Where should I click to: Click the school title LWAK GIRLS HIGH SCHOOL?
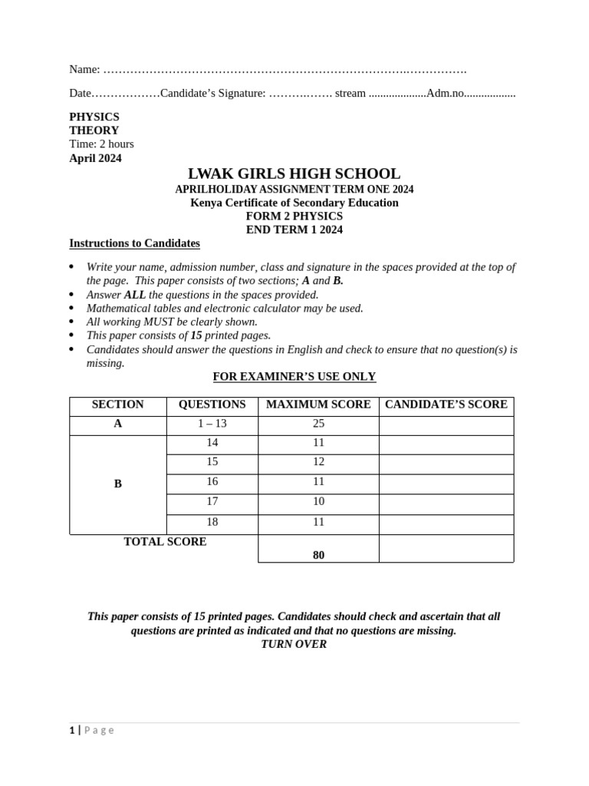point(294,174)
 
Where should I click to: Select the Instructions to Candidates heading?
point(134,243)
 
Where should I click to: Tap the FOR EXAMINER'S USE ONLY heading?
point(294,377)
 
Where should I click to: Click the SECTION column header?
point(117,405)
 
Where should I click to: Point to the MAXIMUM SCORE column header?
point(318,405)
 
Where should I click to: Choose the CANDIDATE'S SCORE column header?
point(446,405)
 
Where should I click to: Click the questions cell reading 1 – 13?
point(212,424)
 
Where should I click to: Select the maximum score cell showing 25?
point(318,424)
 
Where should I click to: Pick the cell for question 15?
point(212,462)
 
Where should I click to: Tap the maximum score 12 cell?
point(318,462)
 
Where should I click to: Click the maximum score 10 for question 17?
point(318,502)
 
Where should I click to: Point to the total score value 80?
point(318,555)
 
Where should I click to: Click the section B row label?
point(117,484)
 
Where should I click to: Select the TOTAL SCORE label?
point(165,542)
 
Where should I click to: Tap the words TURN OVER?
point(294,645)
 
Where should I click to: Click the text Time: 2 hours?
point(101,144)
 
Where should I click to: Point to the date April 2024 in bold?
point(95,158)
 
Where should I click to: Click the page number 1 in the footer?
point(72,731)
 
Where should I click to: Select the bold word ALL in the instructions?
point(134,295)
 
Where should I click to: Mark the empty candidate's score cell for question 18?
point(446,523)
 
